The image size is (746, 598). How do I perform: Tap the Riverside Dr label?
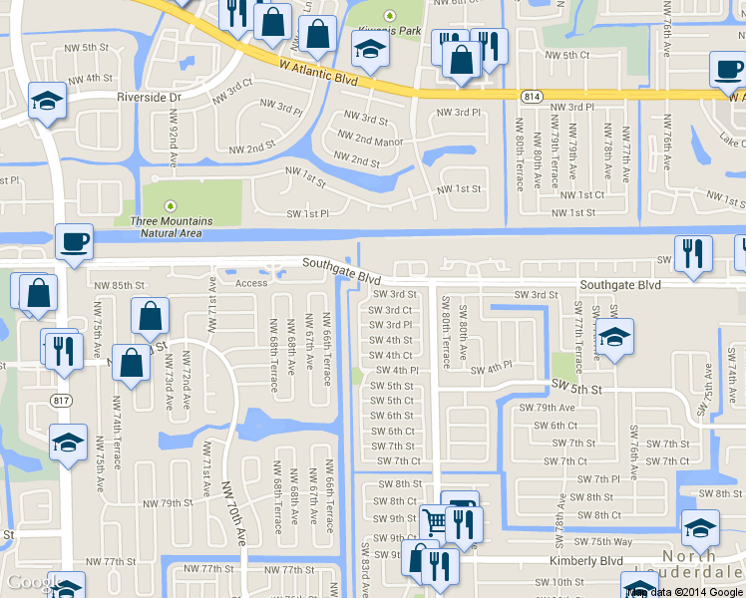pos(148,98)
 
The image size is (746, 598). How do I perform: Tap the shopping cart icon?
pos(434,520)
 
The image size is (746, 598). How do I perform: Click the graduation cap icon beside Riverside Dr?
pos(46,102)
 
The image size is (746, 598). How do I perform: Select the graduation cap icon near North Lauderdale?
pos(699,526)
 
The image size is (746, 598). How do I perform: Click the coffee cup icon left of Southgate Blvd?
pos(75,240)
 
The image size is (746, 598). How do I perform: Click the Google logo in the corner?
pos(32,583)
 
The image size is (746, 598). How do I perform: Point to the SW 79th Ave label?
pos(548,408)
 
